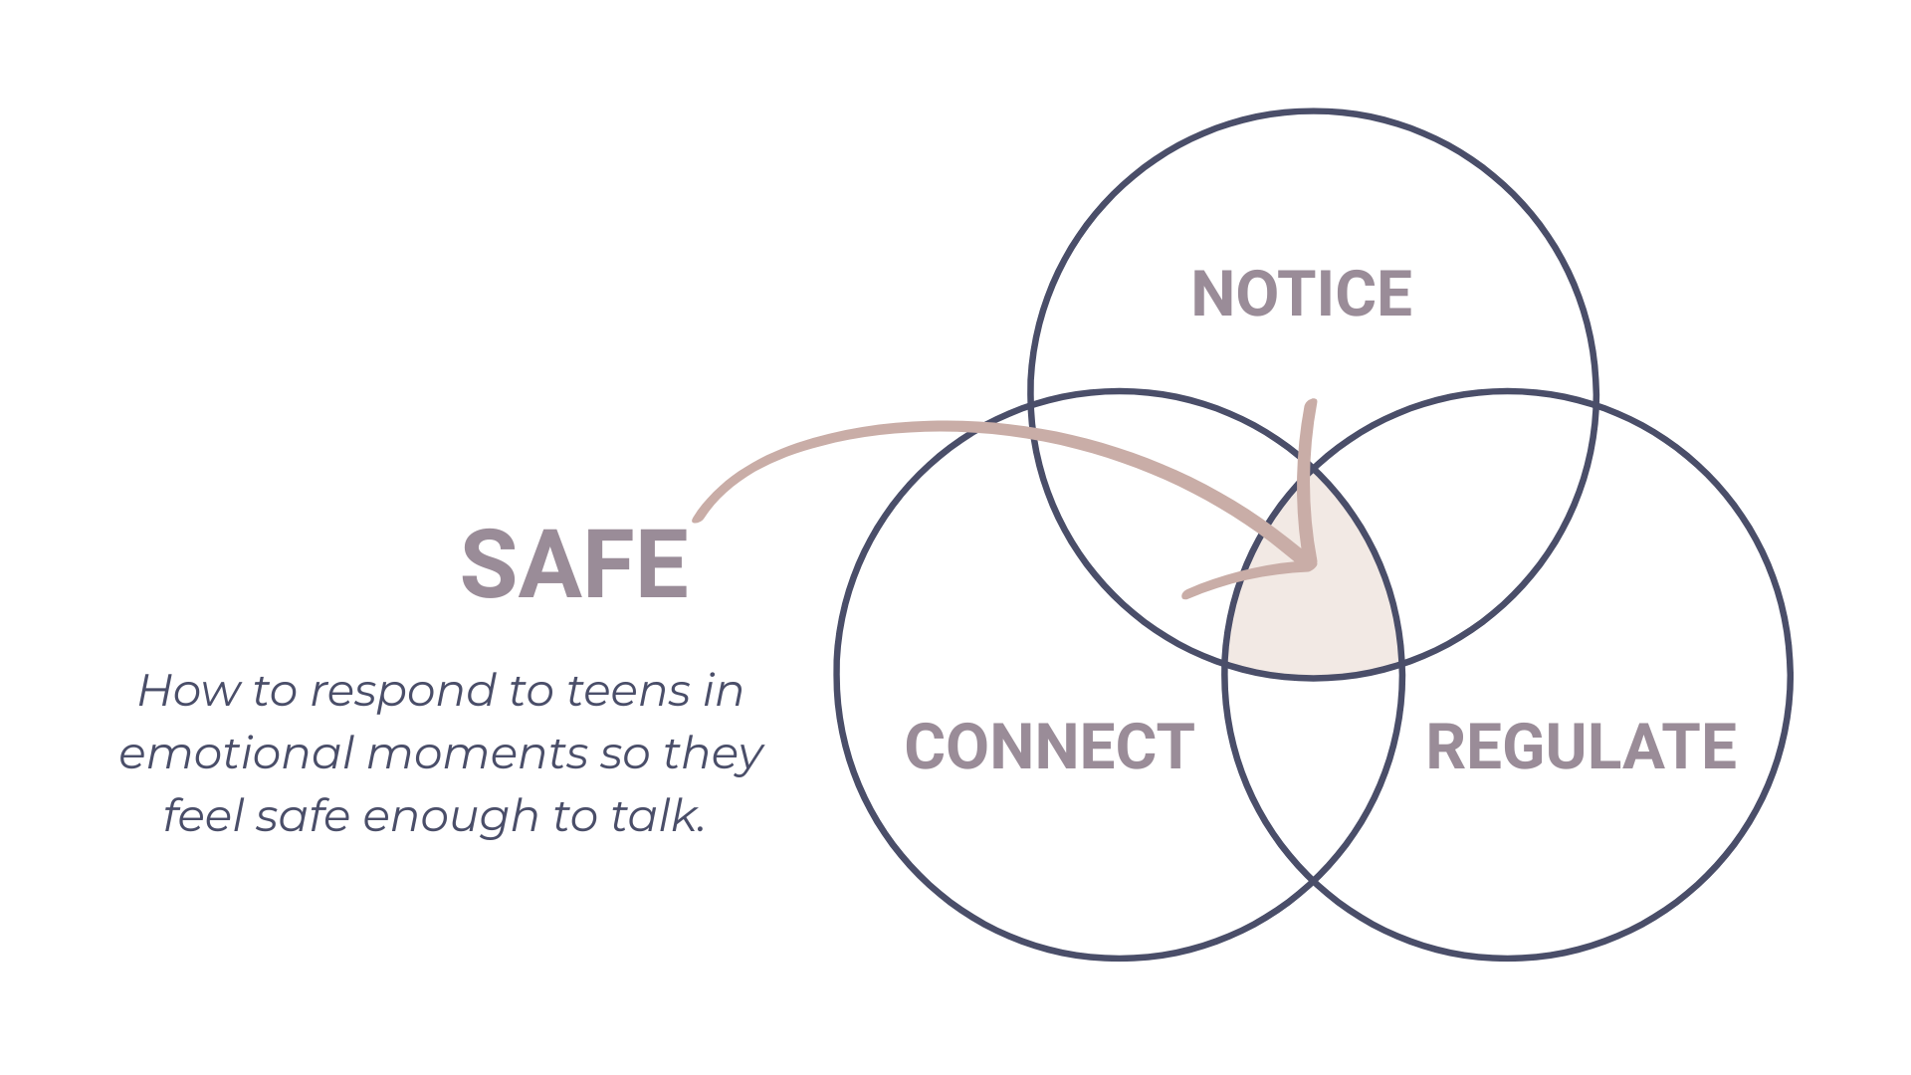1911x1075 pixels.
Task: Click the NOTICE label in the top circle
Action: (1301, 294)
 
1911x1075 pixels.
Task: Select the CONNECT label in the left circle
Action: (1049, 747)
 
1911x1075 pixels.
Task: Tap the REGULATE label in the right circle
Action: (1581, 747)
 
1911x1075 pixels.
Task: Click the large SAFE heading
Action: (574, 564)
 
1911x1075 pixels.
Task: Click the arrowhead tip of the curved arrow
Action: (1312, 564)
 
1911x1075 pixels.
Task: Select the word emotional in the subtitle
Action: (236, 753)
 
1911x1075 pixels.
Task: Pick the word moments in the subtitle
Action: (478, 753)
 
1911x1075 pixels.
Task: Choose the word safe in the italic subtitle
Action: (303, 817)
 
